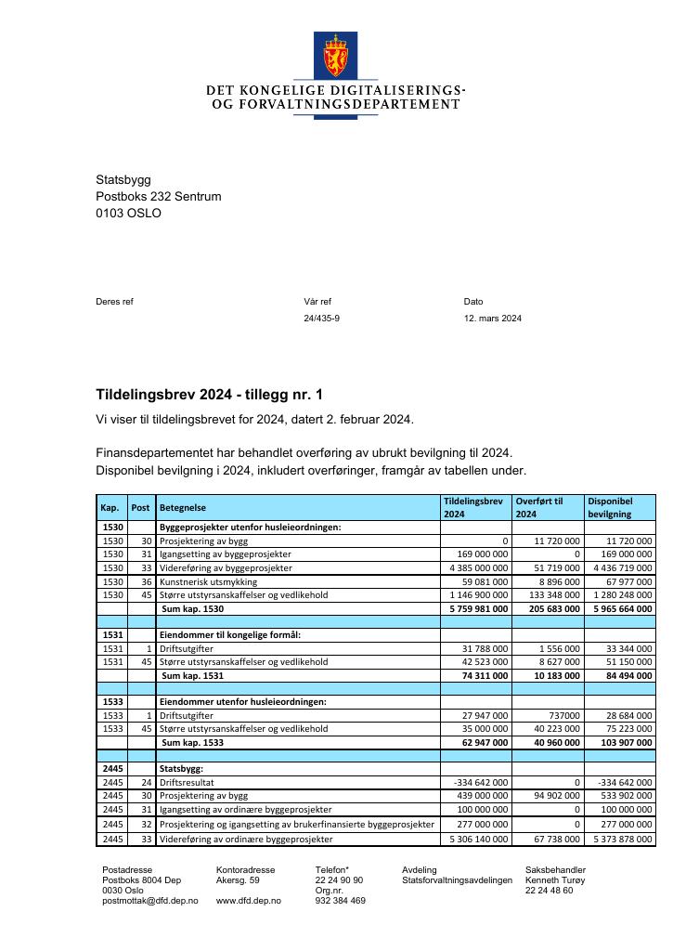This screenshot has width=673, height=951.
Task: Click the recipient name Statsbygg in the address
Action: tap(123, 180)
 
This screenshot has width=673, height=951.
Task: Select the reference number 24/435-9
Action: tap(322, 319)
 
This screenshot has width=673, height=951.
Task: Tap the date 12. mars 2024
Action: tap(493, 319)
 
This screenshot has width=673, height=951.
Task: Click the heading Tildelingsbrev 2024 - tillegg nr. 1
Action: tap(210, 395)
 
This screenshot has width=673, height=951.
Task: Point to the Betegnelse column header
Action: tap(183, 508)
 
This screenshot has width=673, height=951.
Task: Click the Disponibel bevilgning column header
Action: tap(610, 507)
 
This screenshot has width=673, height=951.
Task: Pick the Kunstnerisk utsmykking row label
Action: tap(208, 582)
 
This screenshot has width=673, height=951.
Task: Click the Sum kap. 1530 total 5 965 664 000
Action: tap(622, 609)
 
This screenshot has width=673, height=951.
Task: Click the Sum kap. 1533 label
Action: tap(192, 743)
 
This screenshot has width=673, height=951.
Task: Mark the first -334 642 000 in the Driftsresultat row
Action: tap(481, 783)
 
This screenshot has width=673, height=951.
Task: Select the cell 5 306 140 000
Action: tap(477, 840)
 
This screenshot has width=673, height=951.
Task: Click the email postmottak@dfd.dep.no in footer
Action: tap(150, 901)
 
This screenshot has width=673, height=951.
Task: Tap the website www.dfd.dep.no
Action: tap(248, 901)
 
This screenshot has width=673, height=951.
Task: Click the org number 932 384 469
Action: tap(341, 901)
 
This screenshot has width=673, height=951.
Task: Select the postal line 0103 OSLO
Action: tap(128, 214)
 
